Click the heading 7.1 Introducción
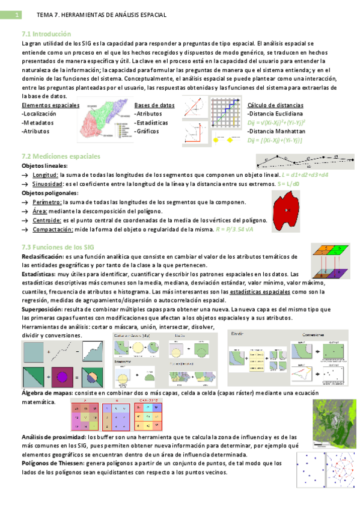point(46,34)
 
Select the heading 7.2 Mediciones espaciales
point(61,156)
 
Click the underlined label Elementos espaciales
point(50,105)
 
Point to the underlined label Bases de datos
point(154,105)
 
